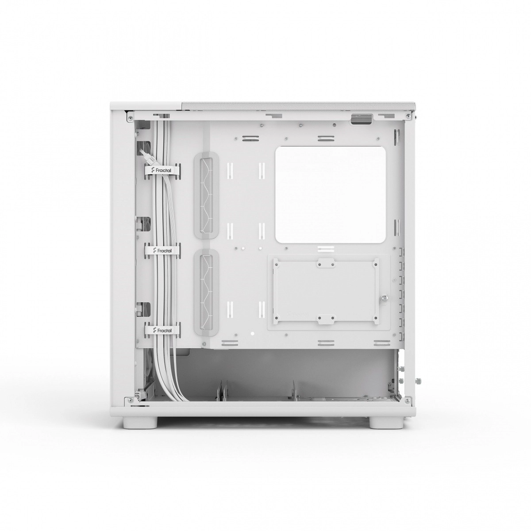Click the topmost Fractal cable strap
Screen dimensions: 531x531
pos(162,170)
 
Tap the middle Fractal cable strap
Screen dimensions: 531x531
pos(162,250)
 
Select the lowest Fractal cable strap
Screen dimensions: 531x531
pos(162,330)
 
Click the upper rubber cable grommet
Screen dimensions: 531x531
pos(206,196)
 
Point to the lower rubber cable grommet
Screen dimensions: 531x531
pos(206,292)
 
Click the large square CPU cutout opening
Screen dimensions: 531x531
pos(331,195)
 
